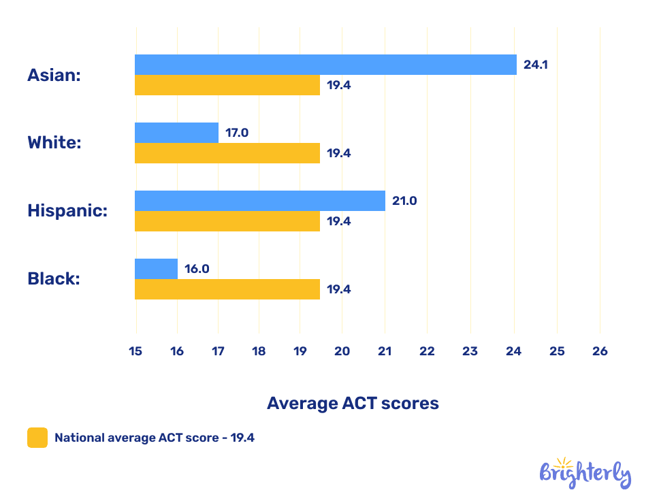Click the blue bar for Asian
pos(325,65)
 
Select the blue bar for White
pos(176,133)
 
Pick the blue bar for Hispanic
pos(259,201)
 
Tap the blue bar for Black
pos(156,269)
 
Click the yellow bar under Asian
pos(227,85)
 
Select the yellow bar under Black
pos(227,289)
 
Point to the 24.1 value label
pos(535,65)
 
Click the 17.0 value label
pos(237,133)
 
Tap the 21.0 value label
pos(404,201)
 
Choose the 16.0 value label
pos(197,269)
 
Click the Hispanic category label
pos(67,211)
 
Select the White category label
pos(54,143)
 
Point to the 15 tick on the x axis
pos(135,351)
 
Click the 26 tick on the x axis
pos(600,351)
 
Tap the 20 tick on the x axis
pos(342,351)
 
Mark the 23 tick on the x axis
pos(470,351)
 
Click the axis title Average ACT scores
pos(353,403)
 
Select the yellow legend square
pos(37,438)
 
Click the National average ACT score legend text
pos(155,438)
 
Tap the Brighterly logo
pos(585,473)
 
